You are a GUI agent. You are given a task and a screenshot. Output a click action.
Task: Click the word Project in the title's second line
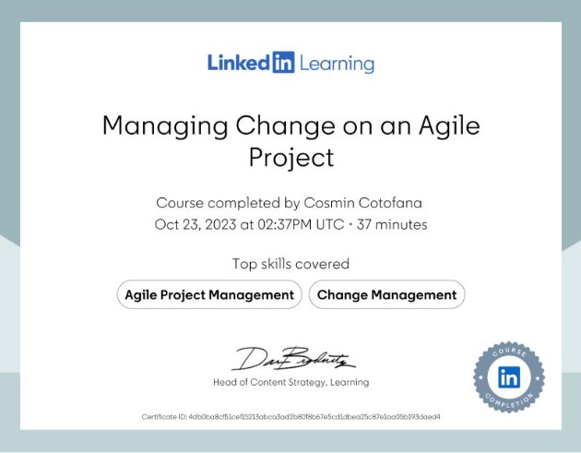click(290, 158)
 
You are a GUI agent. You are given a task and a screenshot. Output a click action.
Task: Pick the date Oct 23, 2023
click(190, 225)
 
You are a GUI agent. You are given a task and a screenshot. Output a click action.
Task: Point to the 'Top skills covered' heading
click(290, 264)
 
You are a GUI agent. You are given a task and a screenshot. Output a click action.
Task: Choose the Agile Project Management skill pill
click(209, 295)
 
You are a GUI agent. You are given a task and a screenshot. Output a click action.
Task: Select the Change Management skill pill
click(386, 295)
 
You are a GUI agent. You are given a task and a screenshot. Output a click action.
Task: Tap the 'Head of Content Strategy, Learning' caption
click(290, 382)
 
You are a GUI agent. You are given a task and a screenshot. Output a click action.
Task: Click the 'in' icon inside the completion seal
click(508, 376)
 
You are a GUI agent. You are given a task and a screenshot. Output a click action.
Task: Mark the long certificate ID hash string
click(314, 416)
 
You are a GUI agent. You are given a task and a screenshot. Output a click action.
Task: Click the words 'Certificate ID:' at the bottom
click(164, 416)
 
